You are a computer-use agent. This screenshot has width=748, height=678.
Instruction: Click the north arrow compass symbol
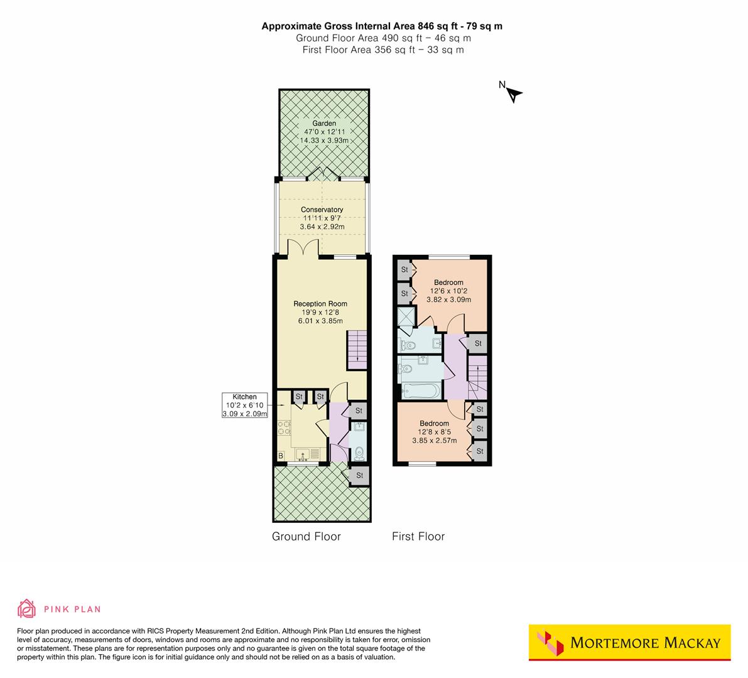pyautogui.click(x=514, y=94)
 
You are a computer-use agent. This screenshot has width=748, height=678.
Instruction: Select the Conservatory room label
pyautogui.click(x=322, y=210)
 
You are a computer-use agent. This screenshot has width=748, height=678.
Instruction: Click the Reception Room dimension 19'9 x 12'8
pyautogui.click(x=320, y=313)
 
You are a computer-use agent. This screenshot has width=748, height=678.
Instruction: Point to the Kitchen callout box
pyautogui.click(x=245, y=405)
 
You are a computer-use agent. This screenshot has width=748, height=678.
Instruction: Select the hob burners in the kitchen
pyautogui.click(x=284, y=428)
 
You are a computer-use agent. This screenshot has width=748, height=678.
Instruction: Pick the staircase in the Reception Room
pyautogui.click(x=355, y=351)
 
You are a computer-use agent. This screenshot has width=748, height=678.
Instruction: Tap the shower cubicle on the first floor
pyautogui.click(x=406, y=316)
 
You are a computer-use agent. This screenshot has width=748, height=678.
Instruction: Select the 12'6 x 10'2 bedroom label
pyautogui.click(x=448, y=291)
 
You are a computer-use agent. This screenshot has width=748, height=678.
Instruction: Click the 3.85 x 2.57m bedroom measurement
pyautogui.click(x=434, y=441)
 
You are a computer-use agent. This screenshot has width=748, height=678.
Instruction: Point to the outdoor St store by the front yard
pyautogui.click(x=360, y=475)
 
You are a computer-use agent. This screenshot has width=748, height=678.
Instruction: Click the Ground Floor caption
pyautogui.click(x=306, y=536)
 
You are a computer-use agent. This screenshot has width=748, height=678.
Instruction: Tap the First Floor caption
pyautogui.click(x=418, y=536)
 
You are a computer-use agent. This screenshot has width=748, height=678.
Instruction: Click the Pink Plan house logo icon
pyautogui.click(x=27, y=608)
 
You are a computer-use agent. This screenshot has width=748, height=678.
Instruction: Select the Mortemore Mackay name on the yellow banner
pyautogui.click(x=645, y=643)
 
